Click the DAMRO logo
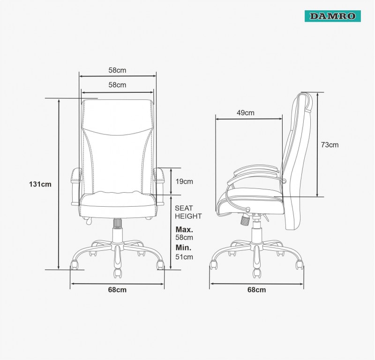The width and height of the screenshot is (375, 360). (332, 16)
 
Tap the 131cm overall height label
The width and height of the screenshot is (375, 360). (40, 184)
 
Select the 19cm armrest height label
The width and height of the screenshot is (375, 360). (184, 181)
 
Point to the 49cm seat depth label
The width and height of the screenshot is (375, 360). (245, 112)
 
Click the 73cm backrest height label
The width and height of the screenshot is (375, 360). (330, 145)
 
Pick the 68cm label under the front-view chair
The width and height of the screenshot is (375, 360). (117, 290)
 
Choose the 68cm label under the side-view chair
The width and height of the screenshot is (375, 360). (256, 290)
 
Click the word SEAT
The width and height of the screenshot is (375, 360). (184, 208)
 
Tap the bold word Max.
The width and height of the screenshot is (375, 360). (184, 230)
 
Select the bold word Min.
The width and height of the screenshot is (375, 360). (183, 247)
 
